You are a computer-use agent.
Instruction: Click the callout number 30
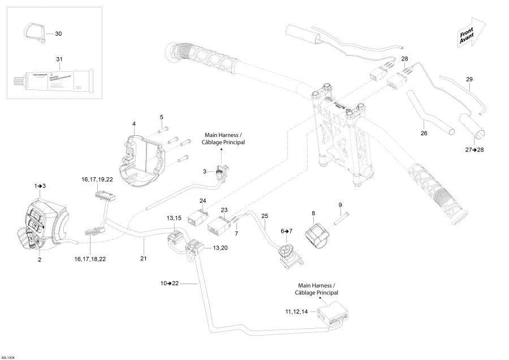(x=59, y=34)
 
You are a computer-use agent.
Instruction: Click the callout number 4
(x=133, y=123)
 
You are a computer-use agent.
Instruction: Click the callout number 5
(x=161, y=117)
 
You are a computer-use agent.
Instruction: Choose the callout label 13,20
(x=221, y=248)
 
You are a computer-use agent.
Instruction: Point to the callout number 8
(x=313, y=213)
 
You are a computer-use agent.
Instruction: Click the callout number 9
(x=340, y=204)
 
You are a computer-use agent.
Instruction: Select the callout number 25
(x=265, y=216)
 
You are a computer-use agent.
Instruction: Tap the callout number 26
(x=424, y=134)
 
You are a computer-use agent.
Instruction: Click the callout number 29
(x=469, y=79)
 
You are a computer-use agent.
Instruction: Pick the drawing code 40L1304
(x=9, y=357)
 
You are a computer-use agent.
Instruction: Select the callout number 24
(x=203, y=201)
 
